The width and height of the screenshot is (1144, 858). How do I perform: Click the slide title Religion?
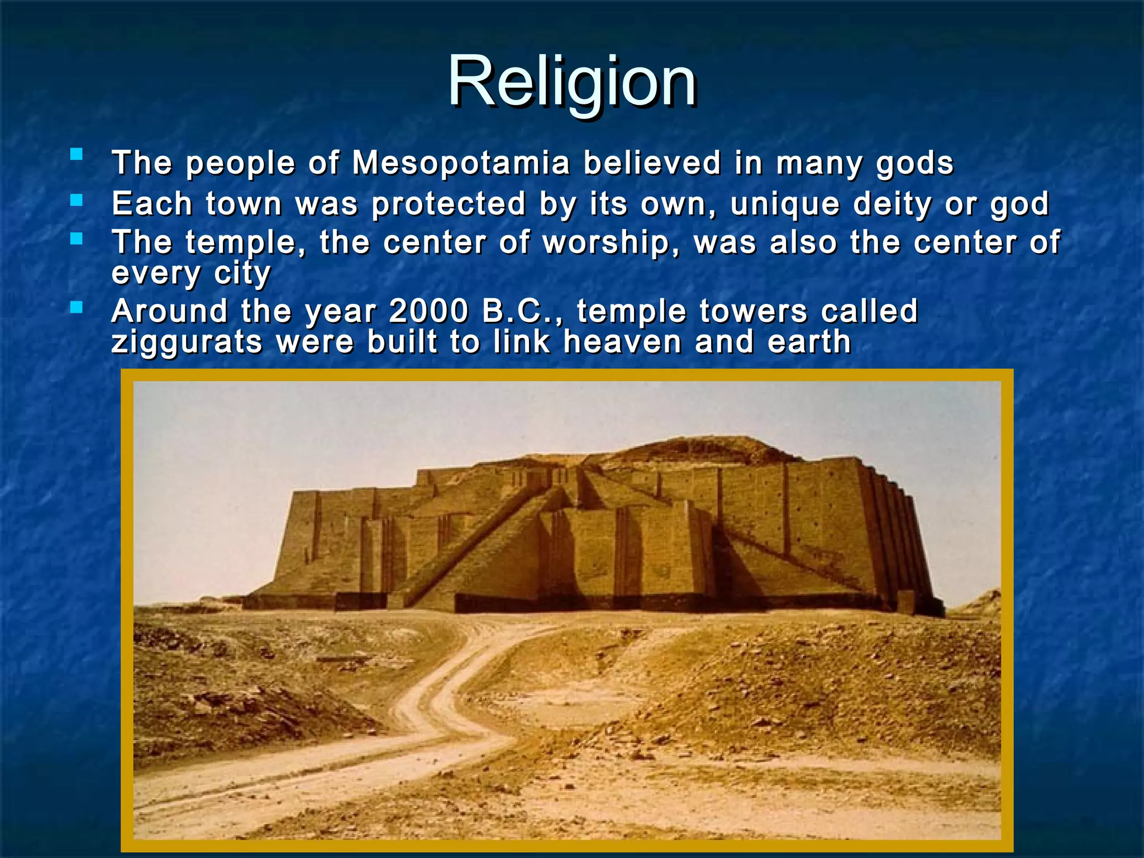click(571, 83)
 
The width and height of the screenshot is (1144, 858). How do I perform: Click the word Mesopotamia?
click(461, 163)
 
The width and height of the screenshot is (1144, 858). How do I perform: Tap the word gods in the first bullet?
click(914, 164)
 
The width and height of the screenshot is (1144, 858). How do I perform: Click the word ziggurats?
click(187, 342)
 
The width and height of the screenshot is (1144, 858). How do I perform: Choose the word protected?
click(449, 204)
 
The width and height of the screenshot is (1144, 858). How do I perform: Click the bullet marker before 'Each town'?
click(77, 199)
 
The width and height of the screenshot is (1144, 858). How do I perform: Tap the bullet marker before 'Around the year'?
click(77, 307)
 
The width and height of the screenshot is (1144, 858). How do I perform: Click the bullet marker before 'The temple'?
click(77, 239)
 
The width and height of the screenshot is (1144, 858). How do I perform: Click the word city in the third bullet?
click(242, 274)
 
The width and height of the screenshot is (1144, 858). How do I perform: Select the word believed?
click(652, 163)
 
